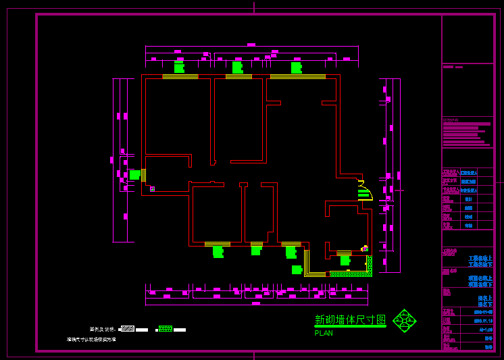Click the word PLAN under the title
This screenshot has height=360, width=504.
(324, 333)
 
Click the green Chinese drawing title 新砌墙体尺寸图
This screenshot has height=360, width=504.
(350, 320)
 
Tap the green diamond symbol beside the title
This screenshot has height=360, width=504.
(404, 321)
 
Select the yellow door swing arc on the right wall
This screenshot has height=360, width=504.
(366, 190)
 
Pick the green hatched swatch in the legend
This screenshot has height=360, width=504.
(166, 329)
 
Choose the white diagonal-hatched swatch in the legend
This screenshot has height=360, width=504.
(128, 329)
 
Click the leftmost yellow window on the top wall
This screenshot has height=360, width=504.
(180, 77)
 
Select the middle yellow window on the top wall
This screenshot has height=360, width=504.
(238, 77)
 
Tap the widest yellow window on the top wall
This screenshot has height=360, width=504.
(297, 77)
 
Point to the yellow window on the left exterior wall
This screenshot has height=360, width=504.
(143, 175)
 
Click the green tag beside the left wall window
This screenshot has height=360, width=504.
(134, 175)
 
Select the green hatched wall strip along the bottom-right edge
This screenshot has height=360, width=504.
(350, 274)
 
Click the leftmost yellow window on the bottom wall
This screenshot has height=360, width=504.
(217, 244)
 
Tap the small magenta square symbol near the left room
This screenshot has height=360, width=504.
(152, 189)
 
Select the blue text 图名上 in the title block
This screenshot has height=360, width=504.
(485, 298)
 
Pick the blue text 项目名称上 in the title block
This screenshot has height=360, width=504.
(480, 278)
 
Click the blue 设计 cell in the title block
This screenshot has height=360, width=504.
(468, 199)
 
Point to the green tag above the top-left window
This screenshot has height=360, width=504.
(179, 68)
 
